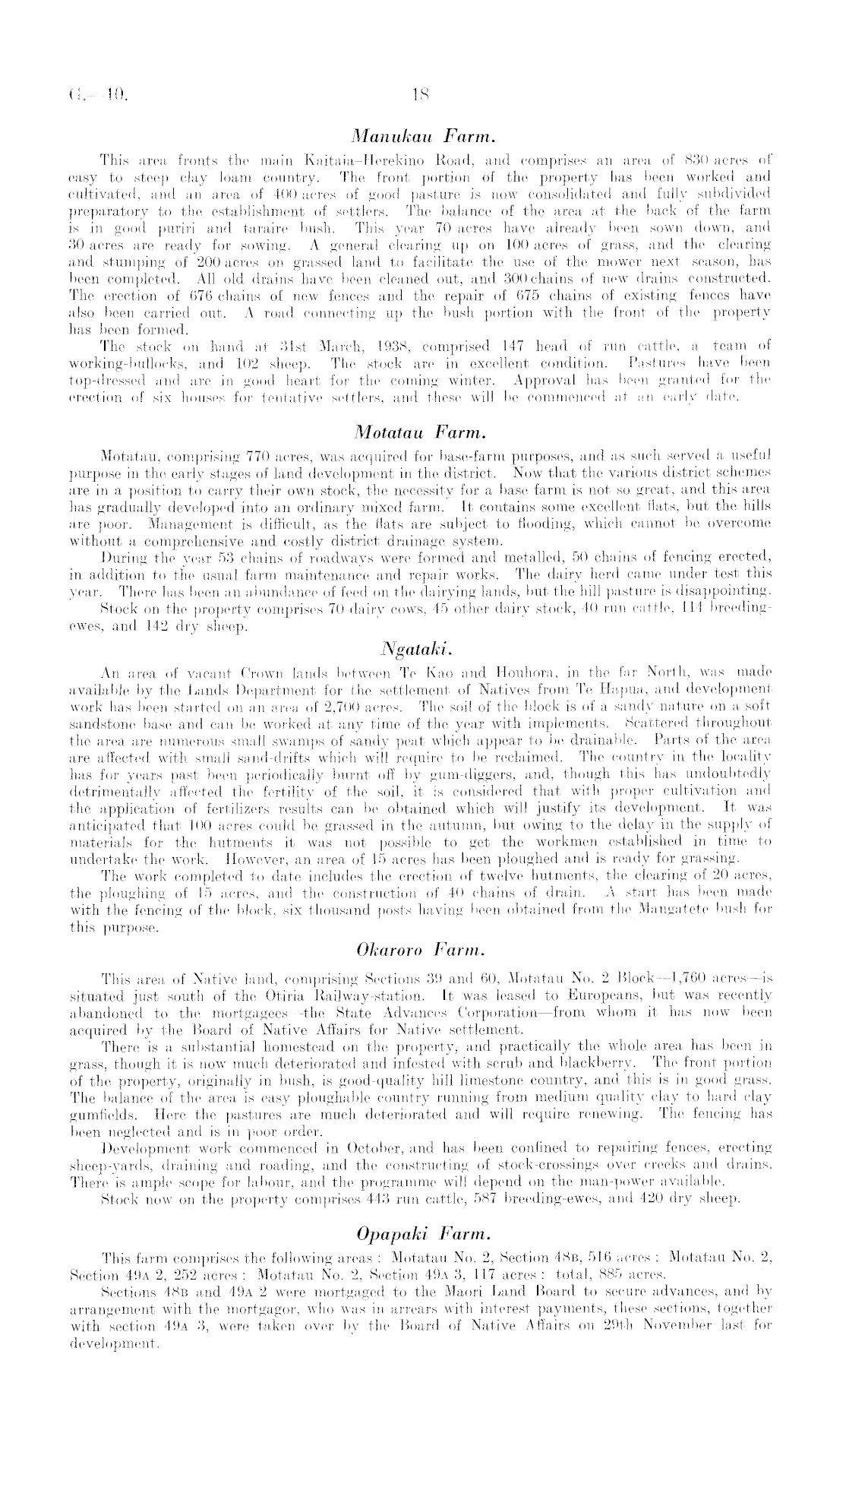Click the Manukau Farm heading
tap(423, 138)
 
